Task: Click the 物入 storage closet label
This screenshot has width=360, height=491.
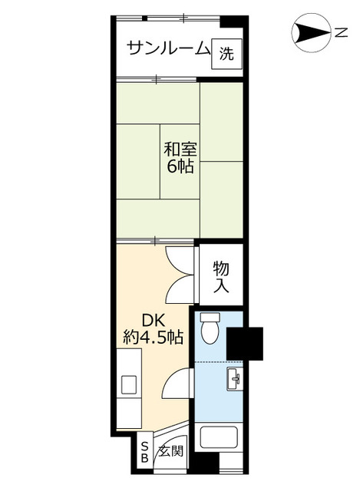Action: click(x=221, y=276)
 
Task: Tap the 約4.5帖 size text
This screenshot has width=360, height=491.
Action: click(x=153, y=337)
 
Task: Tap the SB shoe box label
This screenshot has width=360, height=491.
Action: click(x=144, y=453)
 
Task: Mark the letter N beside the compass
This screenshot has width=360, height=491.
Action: click(x=339, y=33)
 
